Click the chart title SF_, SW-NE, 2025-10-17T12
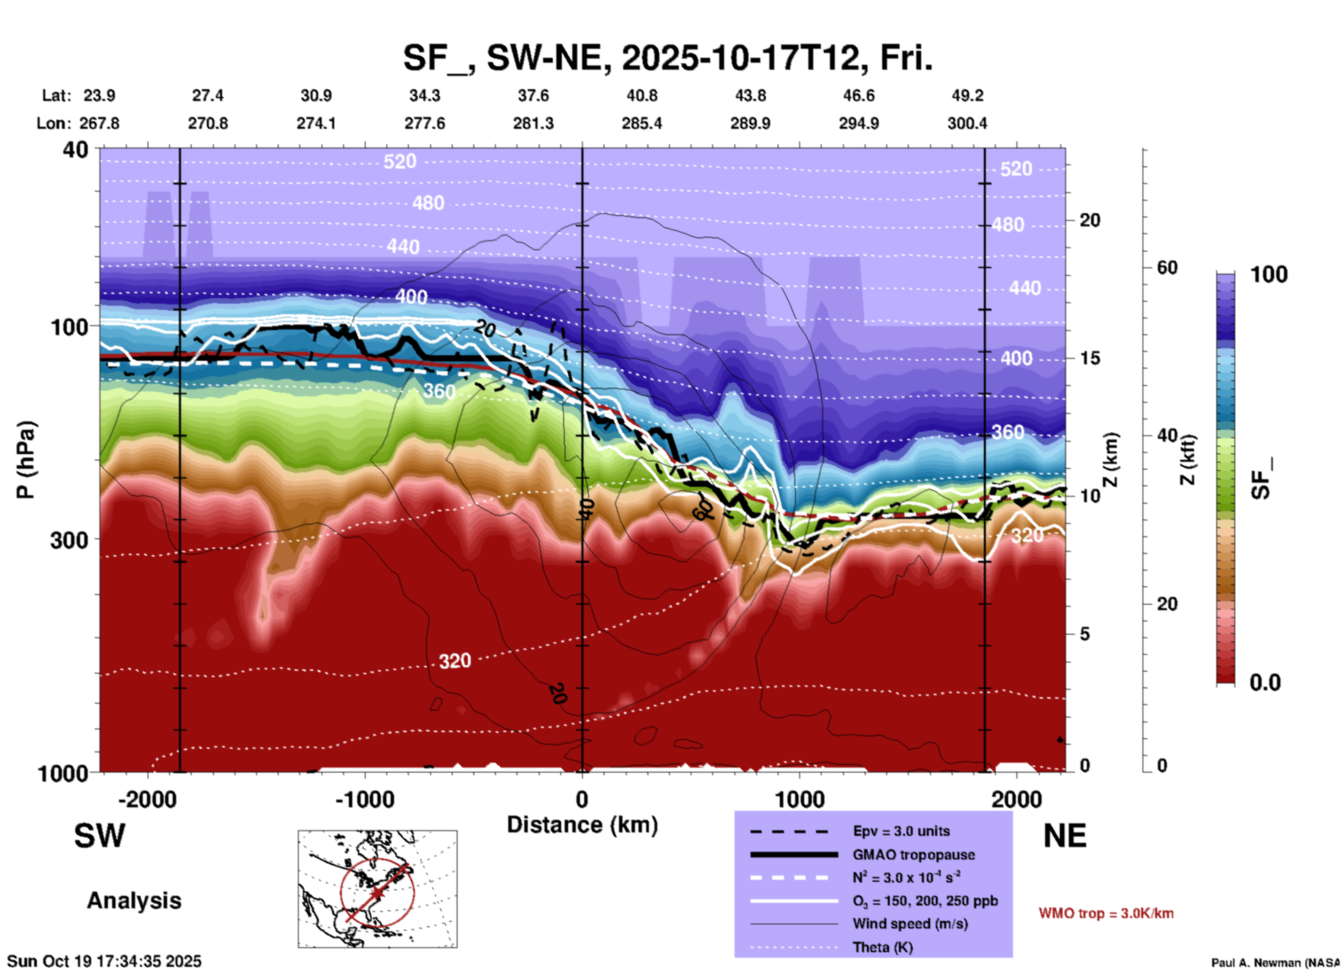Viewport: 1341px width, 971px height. (x=667, y=59)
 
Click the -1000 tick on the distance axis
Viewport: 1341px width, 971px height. (x=365, y=799)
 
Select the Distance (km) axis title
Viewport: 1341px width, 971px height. (x=582, y=825)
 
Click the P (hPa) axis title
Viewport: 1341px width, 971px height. (x=26, y=460)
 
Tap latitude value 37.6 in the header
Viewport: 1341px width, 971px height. (x=533, y=95)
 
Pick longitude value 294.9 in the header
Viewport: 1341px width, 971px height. (x=858, y=123)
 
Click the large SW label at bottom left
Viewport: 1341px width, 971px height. (x=100, y=836)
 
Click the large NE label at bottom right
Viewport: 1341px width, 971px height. (x=1065, y=836)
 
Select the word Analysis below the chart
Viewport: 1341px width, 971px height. (x=134, y=901)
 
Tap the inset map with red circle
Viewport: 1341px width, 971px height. (x=377, y=889)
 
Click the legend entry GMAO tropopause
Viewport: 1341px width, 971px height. (x=913, y=855)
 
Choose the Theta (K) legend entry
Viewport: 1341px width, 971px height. (x=882, y=947)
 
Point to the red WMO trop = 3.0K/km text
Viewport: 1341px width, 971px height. (x=1106, y=913)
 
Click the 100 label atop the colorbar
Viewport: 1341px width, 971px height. (x=1269, y=274)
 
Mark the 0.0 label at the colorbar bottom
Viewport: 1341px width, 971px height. (x=1265, y=683)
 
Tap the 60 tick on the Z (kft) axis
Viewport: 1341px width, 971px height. (x=1167, y=267)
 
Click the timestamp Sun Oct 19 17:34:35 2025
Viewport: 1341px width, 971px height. (x=104, y=961)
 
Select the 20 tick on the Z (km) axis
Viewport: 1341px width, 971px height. (x=1090, y=221)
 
